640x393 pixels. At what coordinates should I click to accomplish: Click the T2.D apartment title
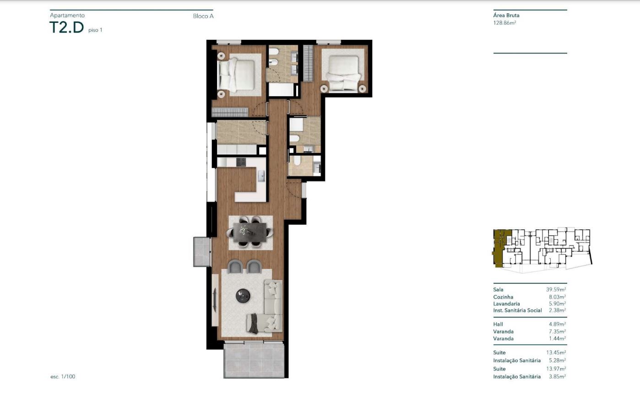click(x=66, y=27)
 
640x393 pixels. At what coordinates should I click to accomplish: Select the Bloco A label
click(x=203, y=16)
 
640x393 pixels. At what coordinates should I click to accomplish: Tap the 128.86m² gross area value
click(x=504, y=23)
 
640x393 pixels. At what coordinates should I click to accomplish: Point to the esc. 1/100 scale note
click(x=63, y=377)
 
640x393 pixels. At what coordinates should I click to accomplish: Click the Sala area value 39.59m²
click(x=556, y=290)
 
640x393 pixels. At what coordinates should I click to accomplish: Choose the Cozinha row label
click(x=503, y=297)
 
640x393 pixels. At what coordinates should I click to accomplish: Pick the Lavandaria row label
click(x=507, y=304)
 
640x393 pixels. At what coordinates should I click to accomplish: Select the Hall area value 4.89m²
click(x=557, y=324)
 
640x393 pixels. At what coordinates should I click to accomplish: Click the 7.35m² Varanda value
click(x=557, y=332)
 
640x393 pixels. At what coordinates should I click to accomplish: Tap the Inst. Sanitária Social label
click(x=517, y=310)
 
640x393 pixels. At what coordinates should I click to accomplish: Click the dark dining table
click(x=249, y=232)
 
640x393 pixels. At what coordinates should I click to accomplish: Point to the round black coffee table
click(x=243, y=296)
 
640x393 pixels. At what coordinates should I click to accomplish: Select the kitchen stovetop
click(x=241, y=162)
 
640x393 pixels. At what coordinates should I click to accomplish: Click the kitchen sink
click(x=261, y=176)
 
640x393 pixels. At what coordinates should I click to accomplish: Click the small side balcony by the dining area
click(x=202, y=252)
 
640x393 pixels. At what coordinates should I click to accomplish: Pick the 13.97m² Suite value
click(x=556, y=369)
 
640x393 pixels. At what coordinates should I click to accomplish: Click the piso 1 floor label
click(x=95, y=30)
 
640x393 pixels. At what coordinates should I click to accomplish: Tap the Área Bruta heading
click(x=506, y=16)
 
